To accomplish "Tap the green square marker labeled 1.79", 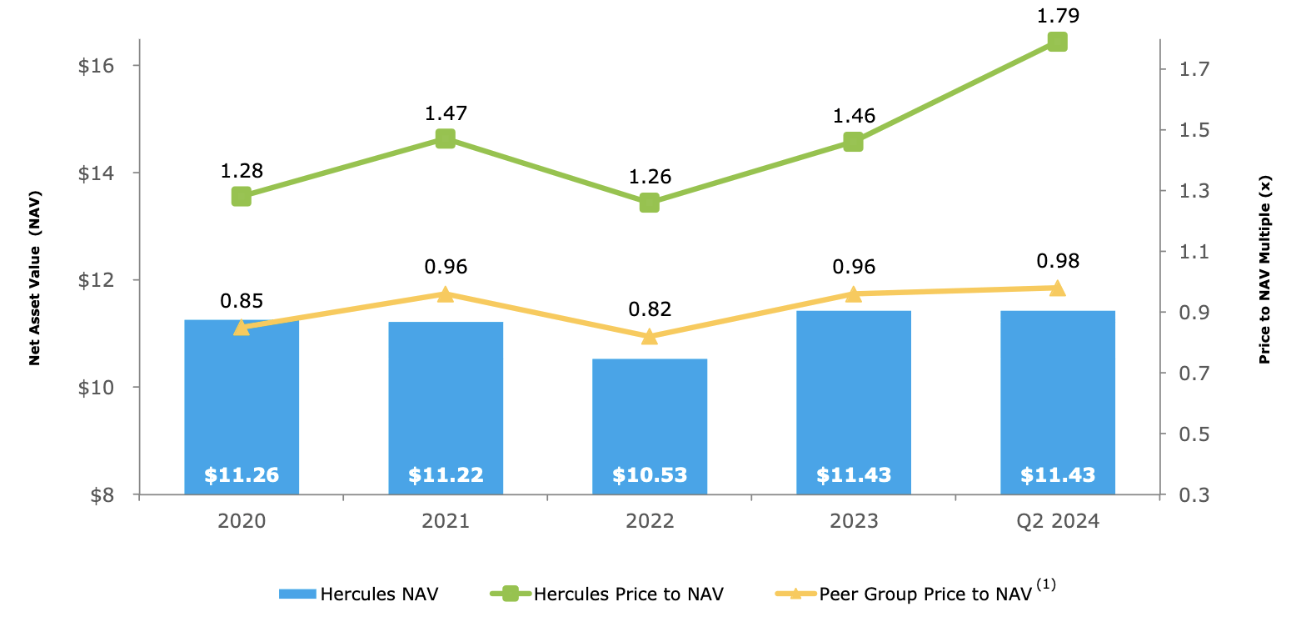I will coord(1057,42).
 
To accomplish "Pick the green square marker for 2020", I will coord(242,197).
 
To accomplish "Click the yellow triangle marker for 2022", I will coord(649,336).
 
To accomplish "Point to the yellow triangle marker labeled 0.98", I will coord(1057,288).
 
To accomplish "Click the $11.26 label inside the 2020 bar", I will coord(242,475).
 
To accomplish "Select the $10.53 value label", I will coord(649,475).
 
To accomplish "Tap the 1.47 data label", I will coord(446,113).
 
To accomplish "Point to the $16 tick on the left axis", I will coord(97,66).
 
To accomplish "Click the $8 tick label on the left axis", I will coord(102,495).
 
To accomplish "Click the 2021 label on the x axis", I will coord(446,522).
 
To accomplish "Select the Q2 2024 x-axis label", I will coord(1057,522).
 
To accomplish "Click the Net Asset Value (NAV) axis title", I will coord(35,278).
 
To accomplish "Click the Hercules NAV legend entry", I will coord(358,594).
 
